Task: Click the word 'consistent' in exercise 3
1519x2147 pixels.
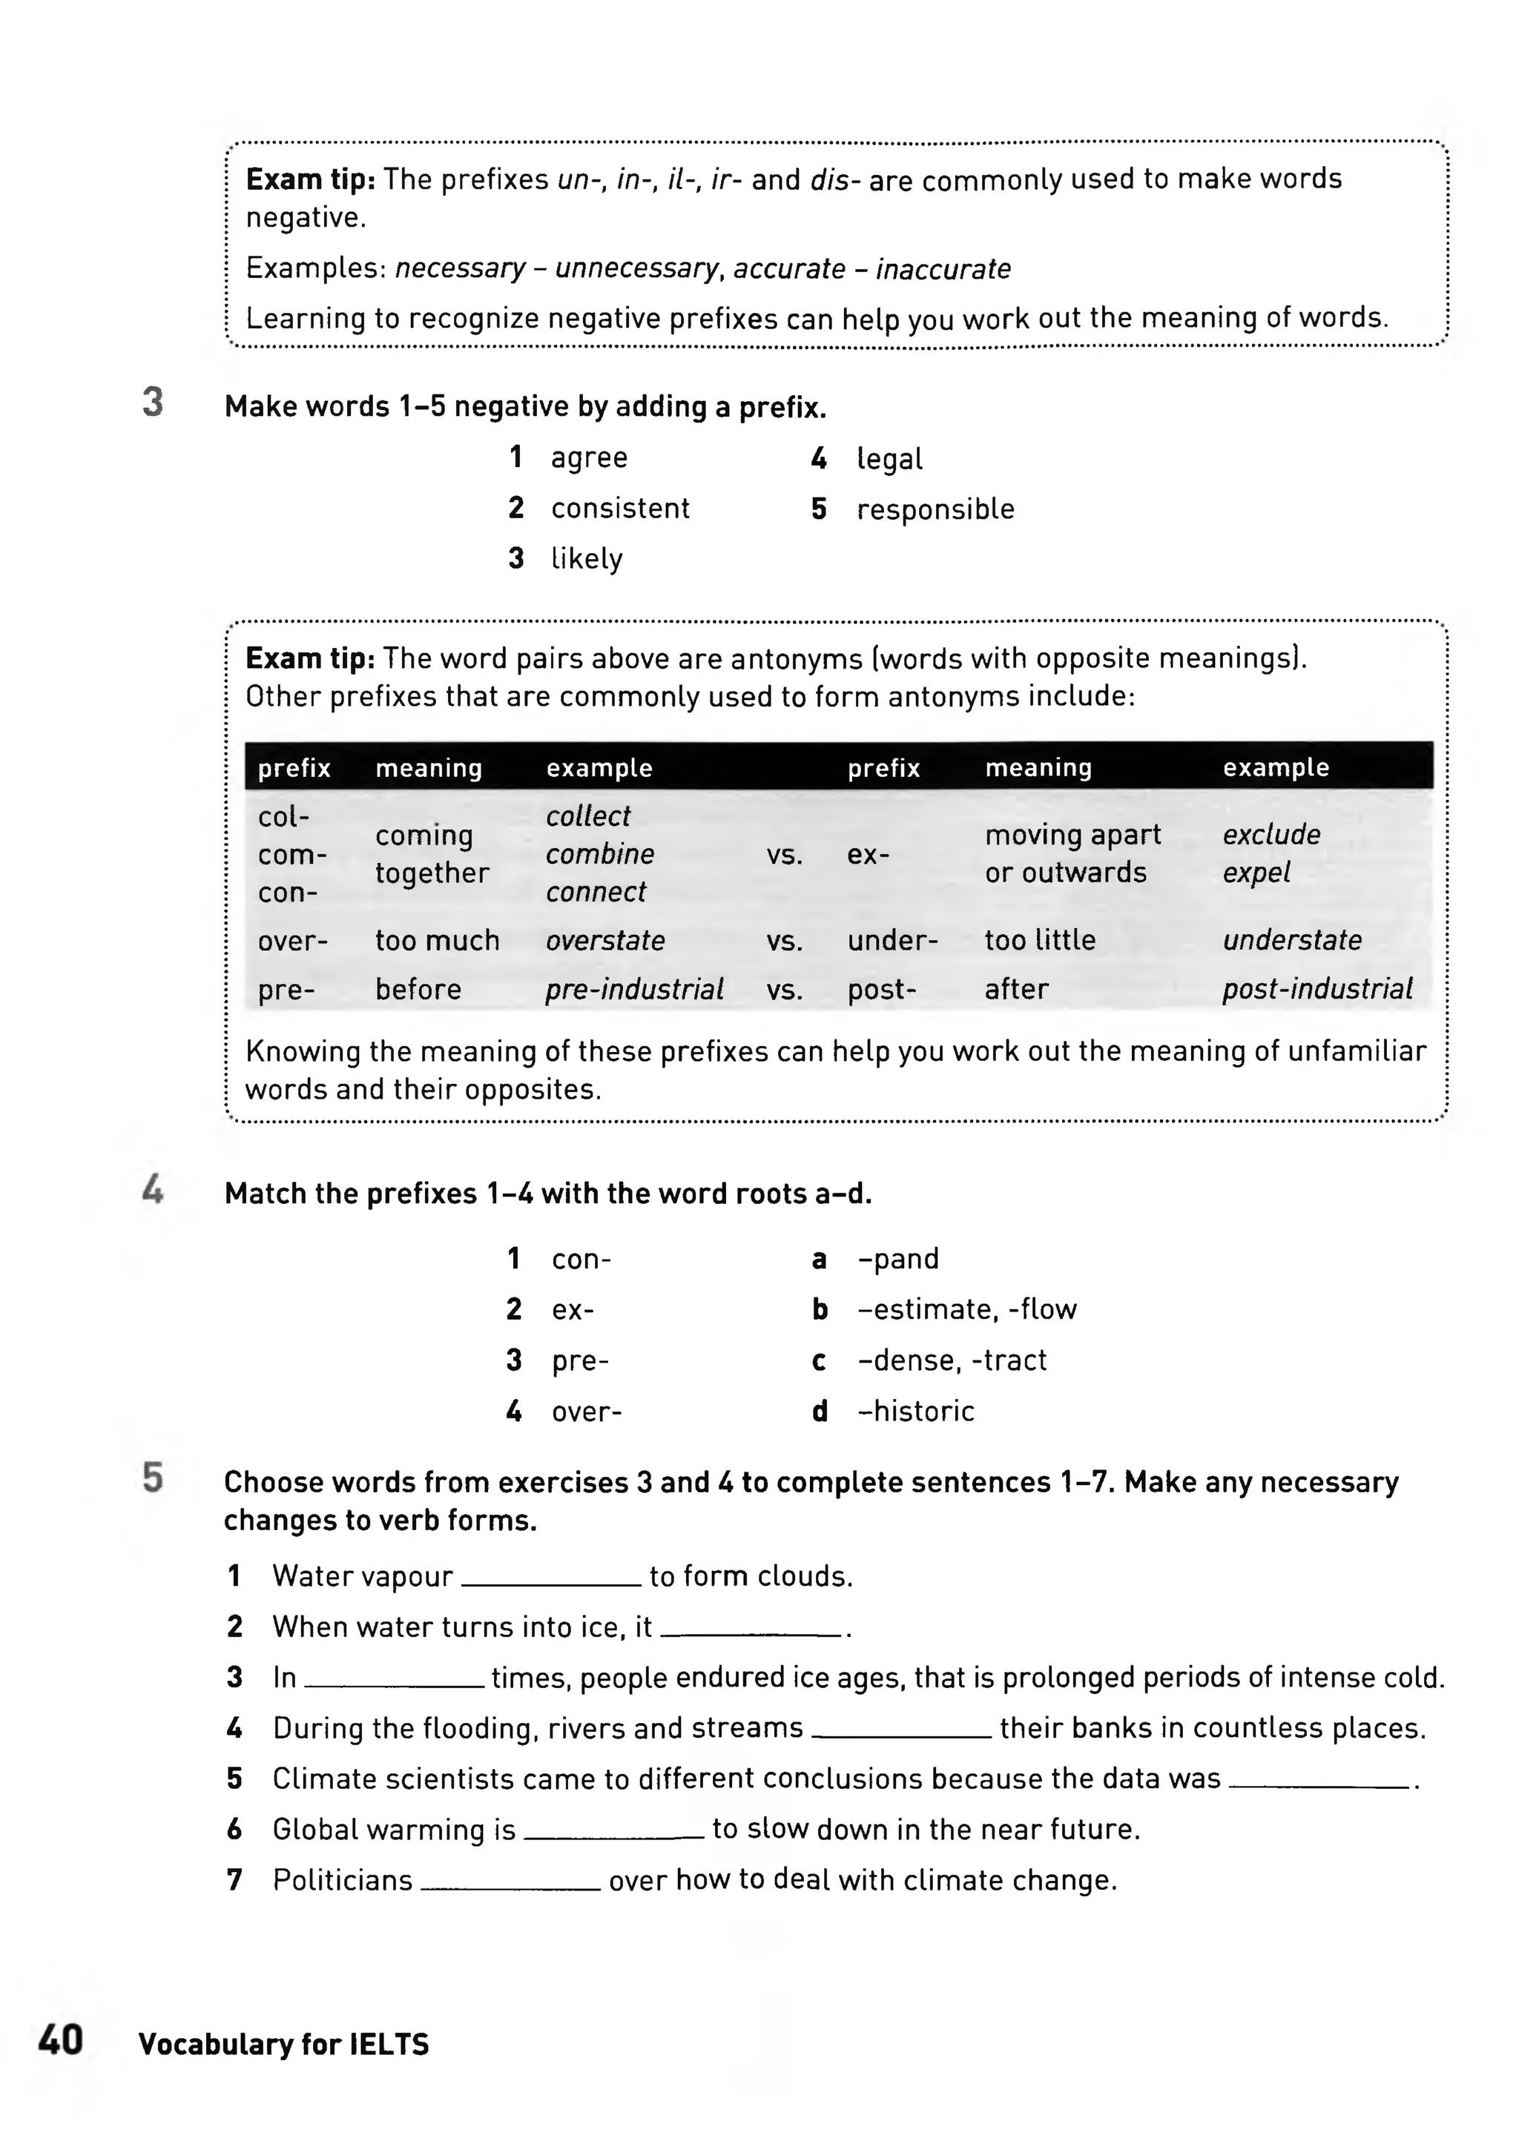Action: click(620, 508)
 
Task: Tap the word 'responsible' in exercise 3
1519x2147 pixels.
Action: click(935, 509)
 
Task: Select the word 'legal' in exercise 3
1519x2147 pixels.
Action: click(889, 459)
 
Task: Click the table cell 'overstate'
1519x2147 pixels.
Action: click(605, 940)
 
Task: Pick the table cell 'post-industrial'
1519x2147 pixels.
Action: click(1317, 988)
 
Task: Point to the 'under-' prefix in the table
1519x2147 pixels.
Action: click(892, 940)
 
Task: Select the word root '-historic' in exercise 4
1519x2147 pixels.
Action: click(916, 1411)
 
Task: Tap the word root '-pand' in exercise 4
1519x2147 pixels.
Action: click(898, 1259)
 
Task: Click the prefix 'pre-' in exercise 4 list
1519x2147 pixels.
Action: click(580, 1360)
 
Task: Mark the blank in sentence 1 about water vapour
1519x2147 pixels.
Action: click(551, 1578)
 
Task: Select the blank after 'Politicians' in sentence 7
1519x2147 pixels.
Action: click(511, 1882)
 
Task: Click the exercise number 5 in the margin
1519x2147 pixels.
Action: click(153, 1478)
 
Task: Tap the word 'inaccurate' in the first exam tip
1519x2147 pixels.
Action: click(943, 269)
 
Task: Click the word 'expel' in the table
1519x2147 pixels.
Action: click(1256, 873)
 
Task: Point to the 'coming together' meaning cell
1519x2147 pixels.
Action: click(431, 854)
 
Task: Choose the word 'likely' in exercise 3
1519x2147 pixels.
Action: click(587, 558)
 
